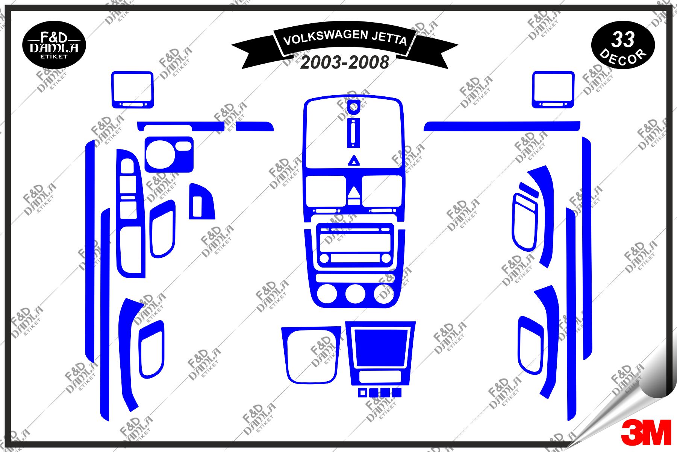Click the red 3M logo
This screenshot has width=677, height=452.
(646, 432)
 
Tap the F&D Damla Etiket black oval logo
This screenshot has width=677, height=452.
(54, 45)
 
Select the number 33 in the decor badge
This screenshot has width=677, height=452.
(623, 39)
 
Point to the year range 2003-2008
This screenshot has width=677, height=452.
(344, 62)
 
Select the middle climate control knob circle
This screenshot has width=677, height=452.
(355, 294)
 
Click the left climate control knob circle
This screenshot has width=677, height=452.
(327, 294)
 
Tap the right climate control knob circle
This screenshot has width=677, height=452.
(385, 294)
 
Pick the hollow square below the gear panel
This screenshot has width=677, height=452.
(362, 393)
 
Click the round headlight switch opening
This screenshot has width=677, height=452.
(160, 154)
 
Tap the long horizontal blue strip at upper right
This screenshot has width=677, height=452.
(502, 126)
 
